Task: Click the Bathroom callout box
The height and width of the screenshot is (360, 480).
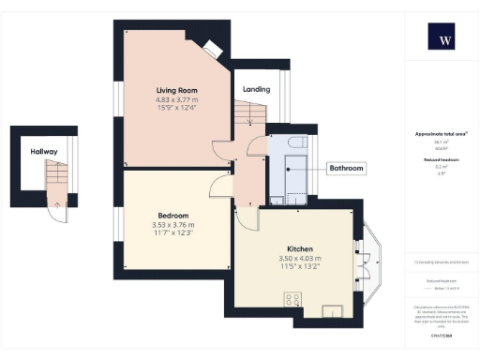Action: tap(346, 169)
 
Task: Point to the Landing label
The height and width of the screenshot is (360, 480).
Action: tap(256, 90)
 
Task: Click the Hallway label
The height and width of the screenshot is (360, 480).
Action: tap(43, 151)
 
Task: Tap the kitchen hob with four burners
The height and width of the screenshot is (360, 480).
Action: tap(292, 301)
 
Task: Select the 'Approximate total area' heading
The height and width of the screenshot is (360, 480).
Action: tap(441, 134)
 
